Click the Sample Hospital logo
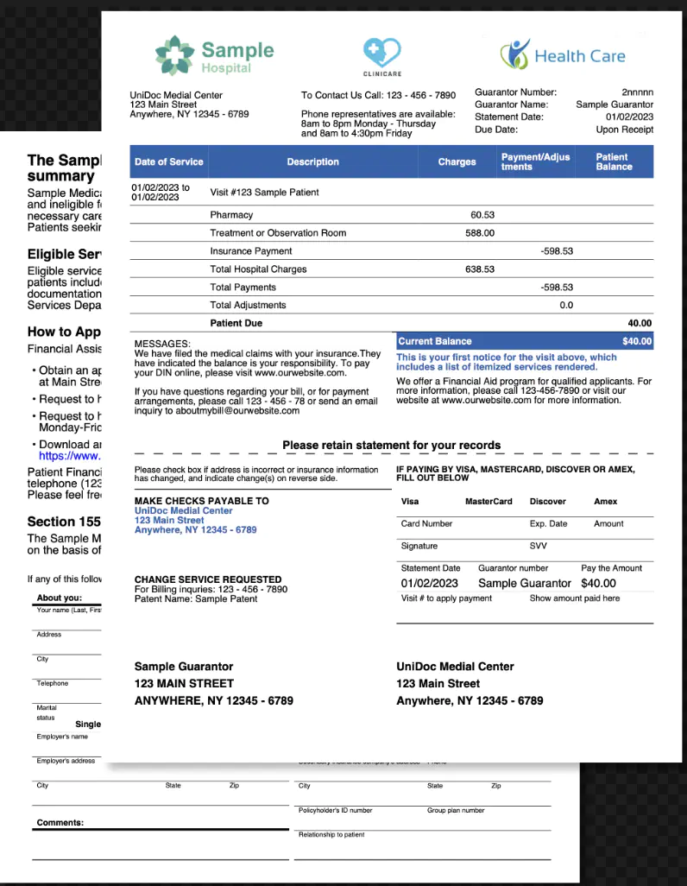point(214,55)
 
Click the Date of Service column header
point(169,161)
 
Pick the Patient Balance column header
point(614,161)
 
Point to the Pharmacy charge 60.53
point(482,214)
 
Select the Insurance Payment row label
point(251,250)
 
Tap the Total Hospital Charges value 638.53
point(480,269)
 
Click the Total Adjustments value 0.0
point(566,305)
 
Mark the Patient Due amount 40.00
point(640,323)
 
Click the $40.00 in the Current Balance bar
point(637,341)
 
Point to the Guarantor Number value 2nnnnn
point(637,92)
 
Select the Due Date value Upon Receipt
point(625,130)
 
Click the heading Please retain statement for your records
point(391,446)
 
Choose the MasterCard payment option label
point(488,501)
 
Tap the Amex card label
point(606,501)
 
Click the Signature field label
point(419,546)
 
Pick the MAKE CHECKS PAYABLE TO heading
point(202,501)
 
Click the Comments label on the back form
point(60,822)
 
